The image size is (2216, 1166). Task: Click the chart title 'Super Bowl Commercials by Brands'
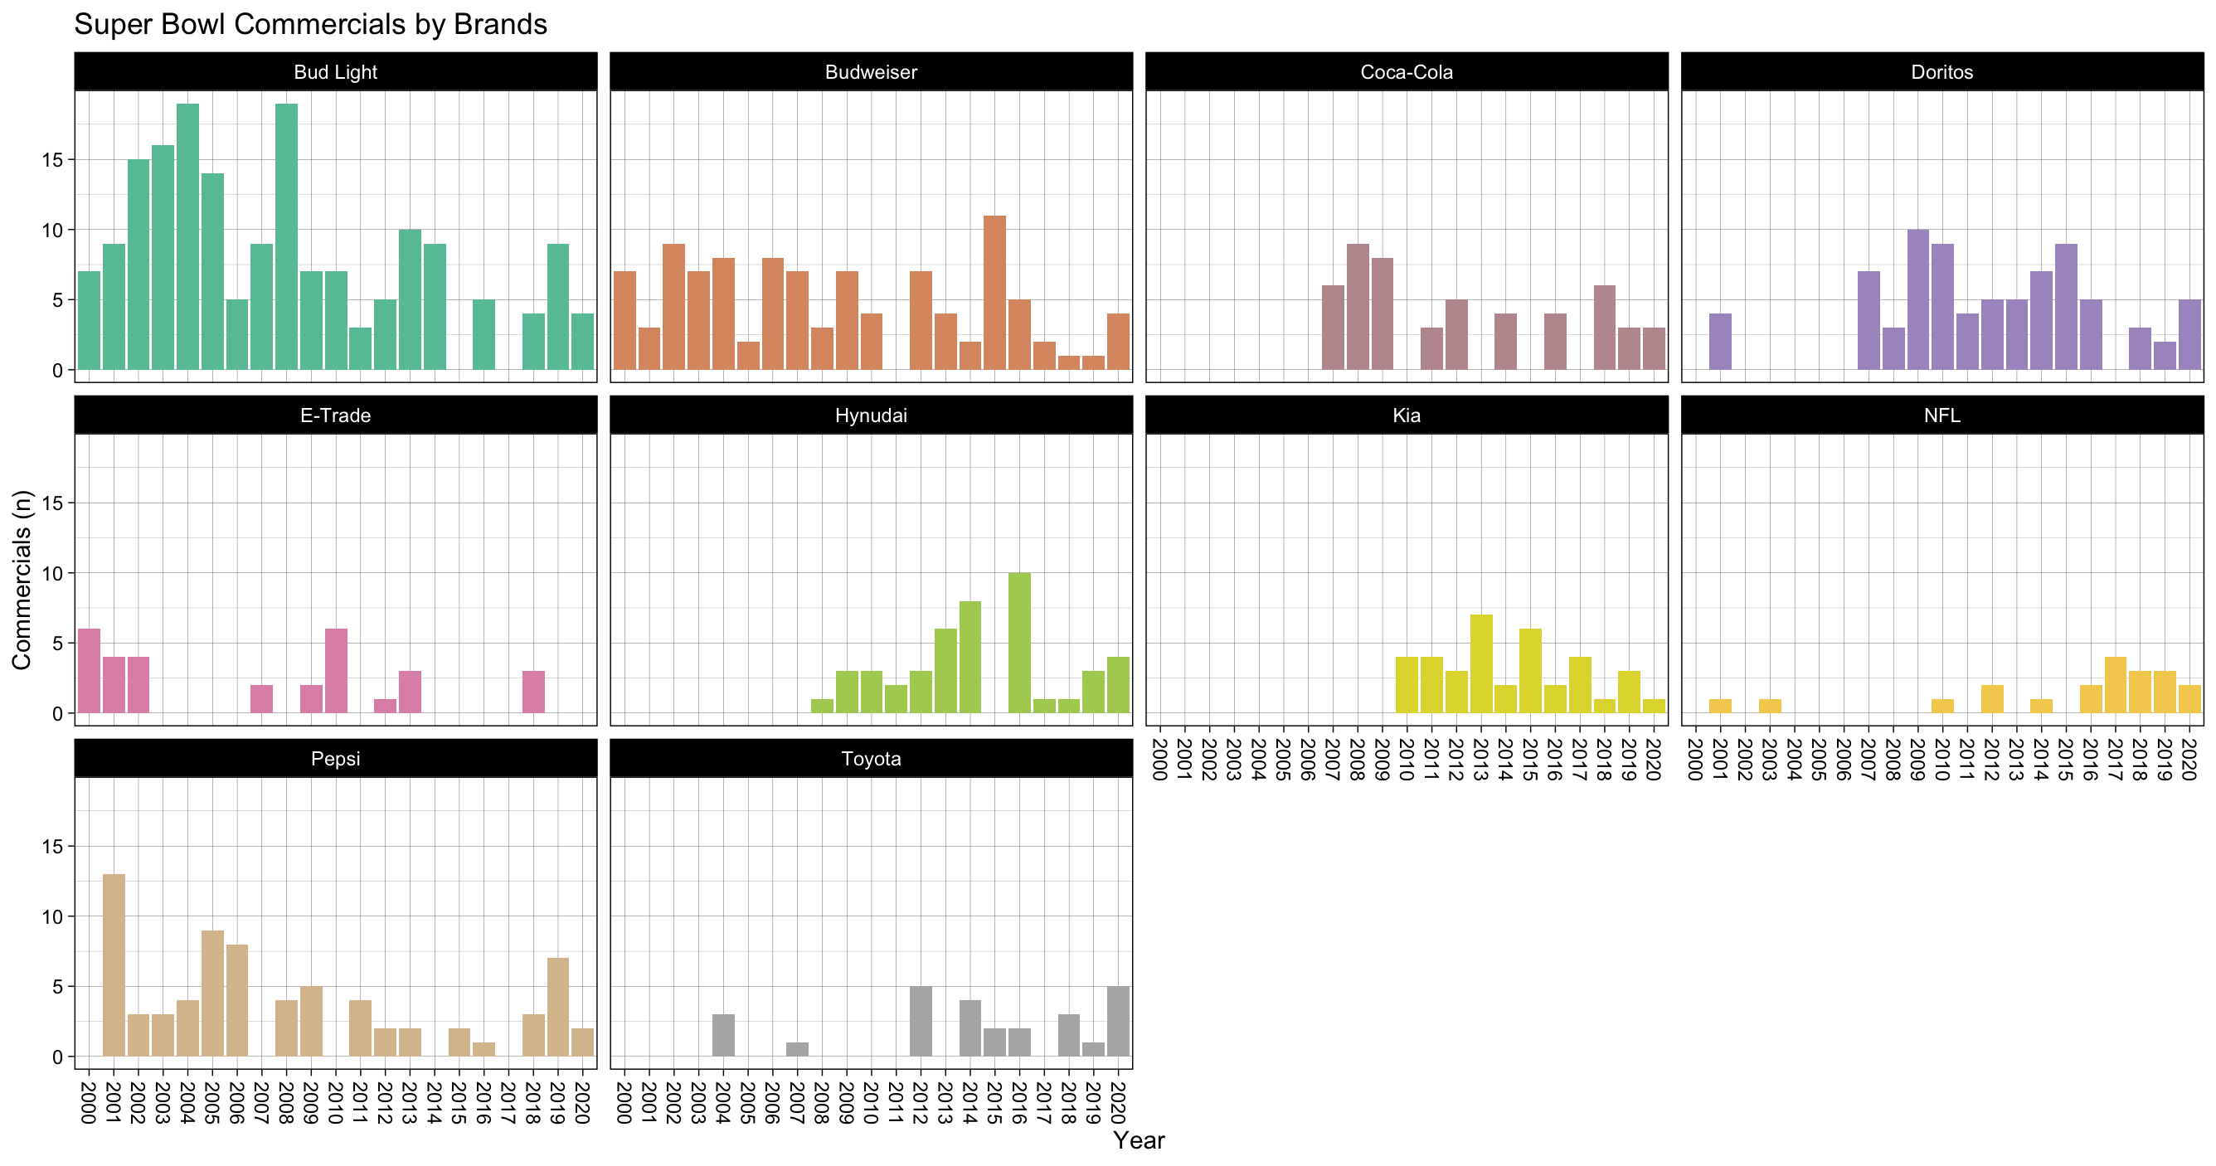click(x=310, y=24)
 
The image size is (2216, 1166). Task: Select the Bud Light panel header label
click(x=336, y=72)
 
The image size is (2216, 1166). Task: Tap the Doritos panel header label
click(x=1941, y=72)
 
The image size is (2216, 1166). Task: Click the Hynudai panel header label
click(x=871, y=415)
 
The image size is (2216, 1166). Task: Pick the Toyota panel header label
click(x=871, y=759)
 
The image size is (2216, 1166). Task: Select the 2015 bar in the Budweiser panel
click(x=994, y=293)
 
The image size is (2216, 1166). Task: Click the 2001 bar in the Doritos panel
click(x=1719, y=342)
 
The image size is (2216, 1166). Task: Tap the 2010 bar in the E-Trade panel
click(x=337, y=671)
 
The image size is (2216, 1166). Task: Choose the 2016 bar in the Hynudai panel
click(x=1019, y=643)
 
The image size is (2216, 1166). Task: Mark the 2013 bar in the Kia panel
click(x=1481, y=663)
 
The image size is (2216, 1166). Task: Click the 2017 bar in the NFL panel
click(x=2116, y=685)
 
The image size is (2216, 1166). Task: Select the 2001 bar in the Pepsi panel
click(x=114, y=965)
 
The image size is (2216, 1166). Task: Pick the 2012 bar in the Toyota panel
click(x=921, y=1022)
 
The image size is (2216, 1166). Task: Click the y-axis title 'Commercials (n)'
click(x=22, y=579)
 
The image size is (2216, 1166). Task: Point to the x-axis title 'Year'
click(x=1138, y=1140)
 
